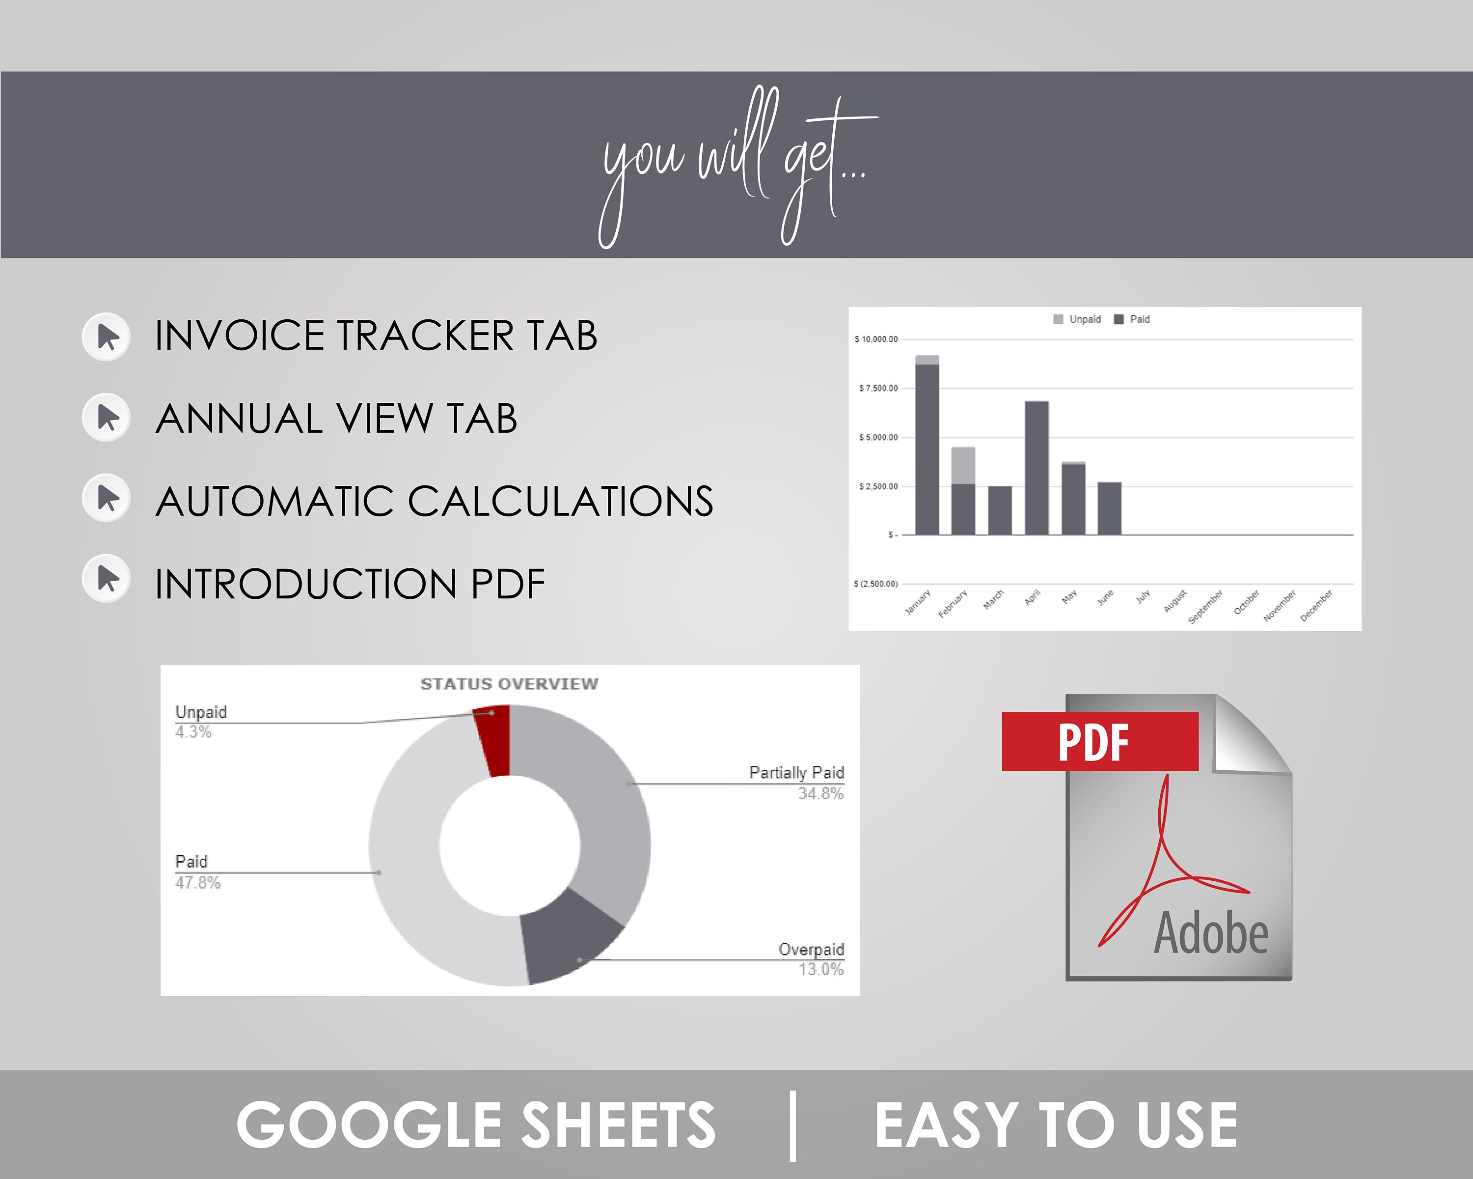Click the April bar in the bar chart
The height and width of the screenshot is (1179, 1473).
1037,468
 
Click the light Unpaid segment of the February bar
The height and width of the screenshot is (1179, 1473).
963,465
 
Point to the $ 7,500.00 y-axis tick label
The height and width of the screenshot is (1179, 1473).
878,388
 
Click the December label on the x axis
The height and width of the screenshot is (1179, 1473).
1316,606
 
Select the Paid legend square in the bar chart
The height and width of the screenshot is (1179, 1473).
1119,319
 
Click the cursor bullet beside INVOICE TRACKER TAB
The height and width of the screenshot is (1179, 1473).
107,337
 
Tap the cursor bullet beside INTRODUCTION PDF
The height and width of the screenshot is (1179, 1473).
107,578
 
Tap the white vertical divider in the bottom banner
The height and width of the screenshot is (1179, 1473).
792,1125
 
